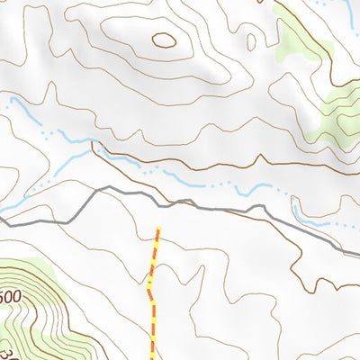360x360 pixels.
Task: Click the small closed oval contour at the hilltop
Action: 164,40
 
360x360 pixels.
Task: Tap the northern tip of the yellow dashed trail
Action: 158,229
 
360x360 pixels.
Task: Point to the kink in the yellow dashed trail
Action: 149,291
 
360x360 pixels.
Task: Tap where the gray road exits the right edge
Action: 358,256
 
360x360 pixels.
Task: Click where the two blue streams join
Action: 93,144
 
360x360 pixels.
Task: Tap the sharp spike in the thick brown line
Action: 93,142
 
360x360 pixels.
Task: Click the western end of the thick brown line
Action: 93,142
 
